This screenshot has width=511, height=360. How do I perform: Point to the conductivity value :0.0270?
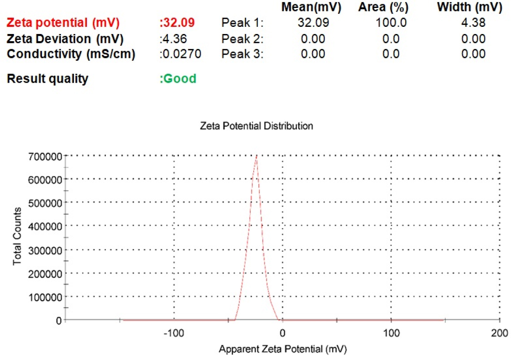click(180, 54)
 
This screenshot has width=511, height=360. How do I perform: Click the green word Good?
click(178, 78)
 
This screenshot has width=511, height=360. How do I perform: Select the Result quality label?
click(48, 78)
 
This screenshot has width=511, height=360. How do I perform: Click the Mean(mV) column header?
click(311, 7)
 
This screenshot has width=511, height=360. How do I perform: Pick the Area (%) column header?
click(383, 7)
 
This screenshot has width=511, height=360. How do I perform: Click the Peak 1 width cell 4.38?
click(473, 23)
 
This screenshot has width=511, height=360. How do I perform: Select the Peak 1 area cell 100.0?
click(391, 23)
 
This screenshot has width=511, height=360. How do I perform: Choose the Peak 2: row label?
click(242, 39)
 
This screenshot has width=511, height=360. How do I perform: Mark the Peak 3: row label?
click(242, 54)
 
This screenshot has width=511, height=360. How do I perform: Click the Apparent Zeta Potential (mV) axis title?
click(283, 349)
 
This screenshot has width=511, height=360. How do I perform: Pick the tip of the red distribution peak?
click(256, 156)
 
